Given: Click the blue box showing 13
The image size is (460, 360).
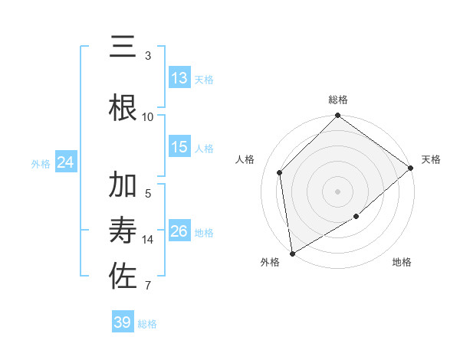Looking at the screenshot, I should coord(179,78).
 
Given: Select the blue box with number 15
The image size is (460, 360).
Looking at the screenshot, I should coord(179,147).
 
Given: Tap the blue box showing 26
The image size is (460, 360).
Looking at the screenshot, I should coord(179,231).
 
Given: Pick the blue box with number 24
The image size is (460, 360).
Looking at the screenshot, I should coord(65,162).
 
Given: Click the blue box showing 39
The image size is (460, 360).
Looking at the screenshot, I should coord(123,322).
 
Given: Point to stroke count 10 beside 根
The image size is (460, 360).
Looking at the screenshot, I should coord(148,116).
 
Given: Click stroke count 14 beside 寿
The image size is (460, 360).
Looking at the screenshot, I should coord(148,239).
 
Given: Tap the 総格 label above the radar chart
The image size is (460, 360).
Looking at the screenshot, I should coord(338,100).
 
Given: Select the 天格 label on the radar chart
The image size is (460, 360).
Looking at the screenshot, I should coord(431,159).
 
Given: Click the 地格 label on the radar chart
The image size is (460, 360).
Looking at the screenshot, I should coord(402,263).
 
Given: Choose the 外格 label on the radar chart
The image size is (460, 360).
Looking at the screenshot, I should coord(270,263).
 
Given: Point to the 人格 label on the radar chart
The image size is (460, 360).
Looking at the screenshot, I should coord(245,159).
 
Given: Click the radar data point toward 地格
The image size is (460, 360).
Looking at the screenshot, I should coord(356,218).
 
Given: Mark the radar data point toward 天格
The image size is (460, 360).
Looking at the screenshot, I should coord(412,168).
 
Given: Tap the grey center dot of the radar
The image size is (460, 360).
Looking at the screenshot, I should coord(338,191).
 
